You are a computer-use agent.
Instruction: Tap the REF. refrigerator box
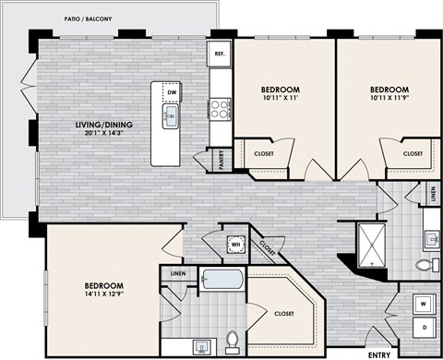(219, 53)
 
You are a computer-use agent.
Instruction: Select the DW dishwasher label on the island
(172, 92)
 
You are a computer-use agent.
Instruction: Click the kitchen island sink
(172, 115)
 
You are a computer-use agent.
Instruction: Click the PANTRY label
(221, 159)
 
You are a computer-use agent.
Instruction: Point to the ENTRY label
(378, 354)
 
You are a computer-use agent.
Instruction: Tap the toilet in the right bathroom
(425, 266)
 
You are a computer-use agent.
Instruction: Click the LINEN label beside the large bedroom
(177, 272)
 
